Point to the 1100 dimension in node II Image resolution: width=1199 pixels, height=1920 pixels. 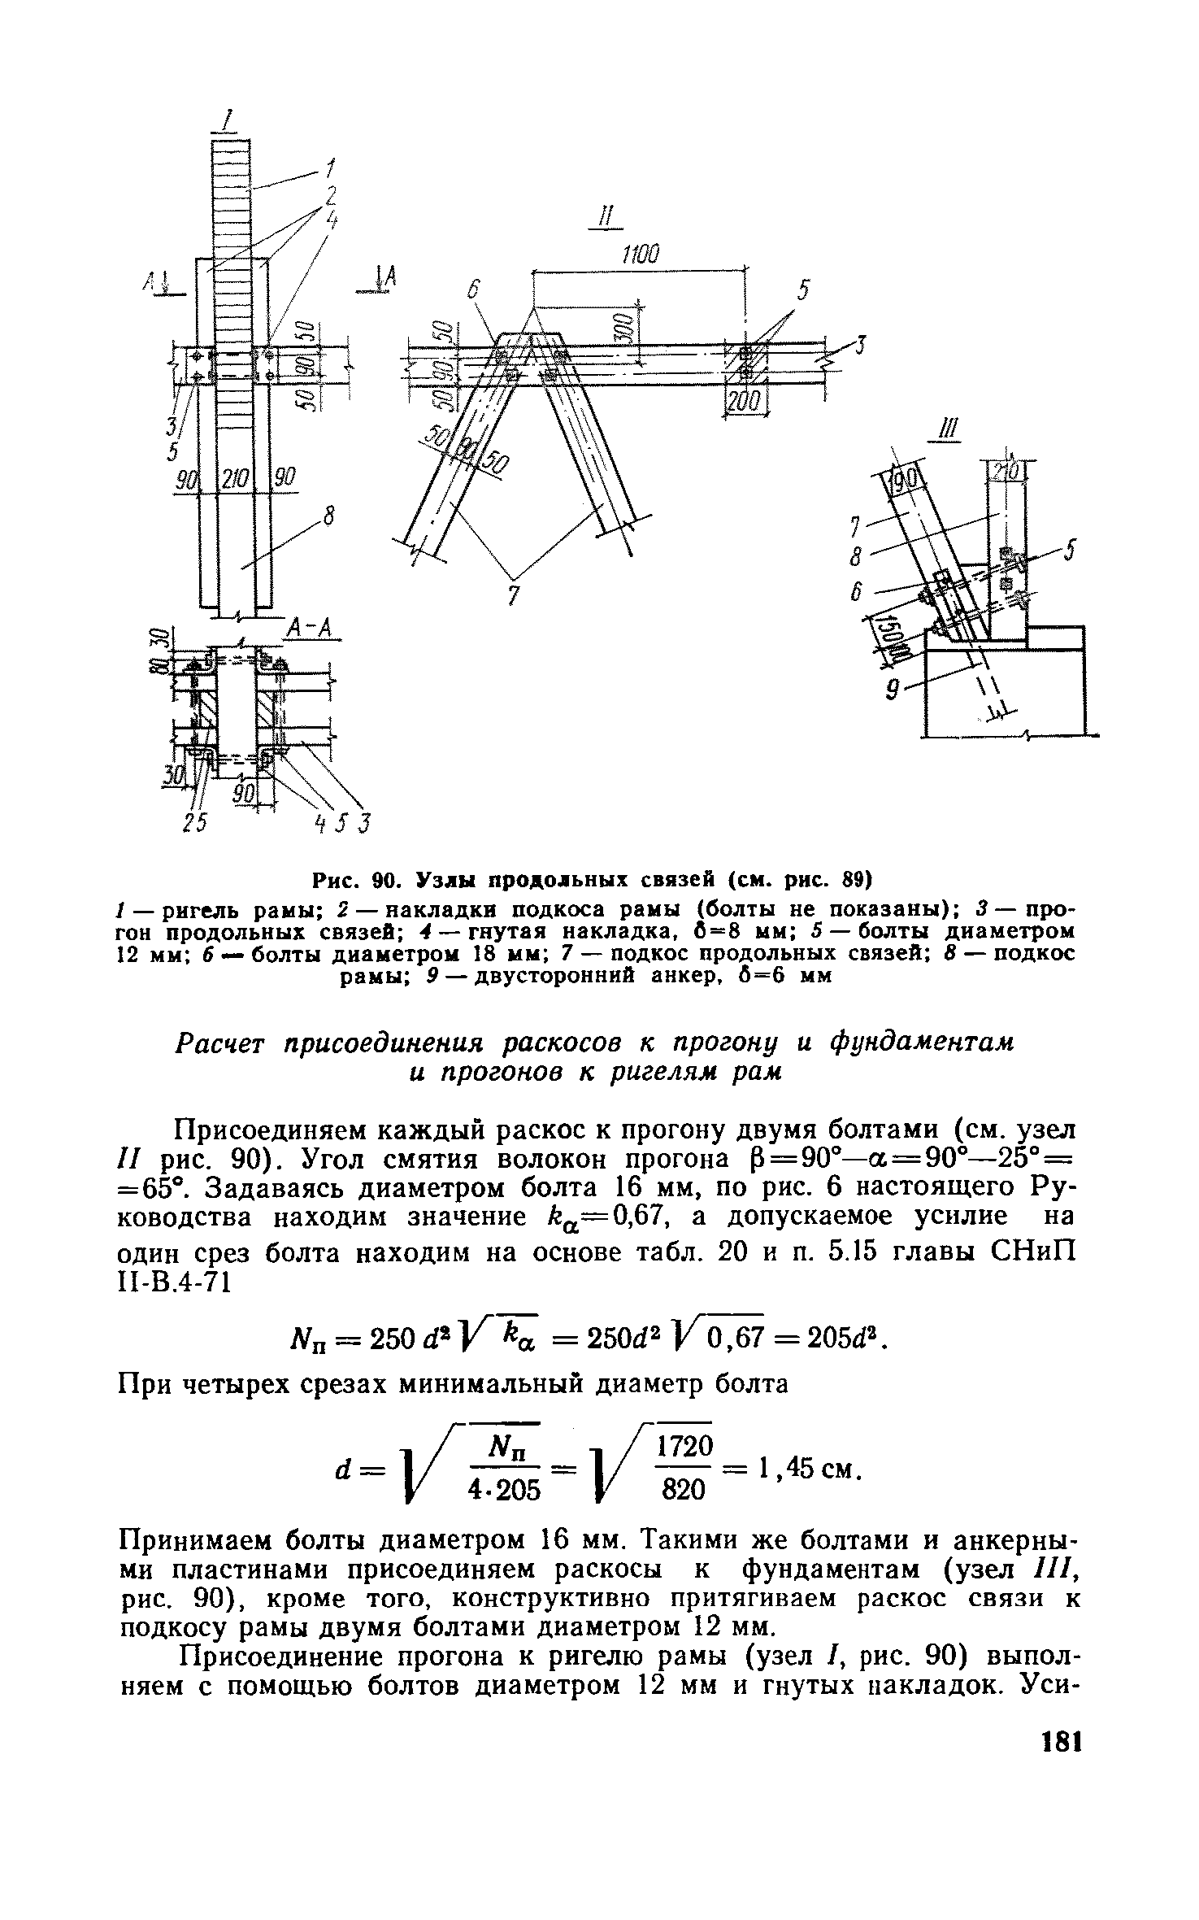pyautogui.click(x=640, y=255)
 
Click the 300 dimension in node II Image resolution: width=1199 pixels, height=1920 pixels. pyautogui.click(x=623, y=328)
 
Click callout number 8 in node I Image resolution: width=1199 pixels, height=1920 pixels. pyautogui.click(x=328, y=516)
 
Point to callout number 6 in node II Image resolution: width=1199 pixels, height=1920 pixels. pyautogui.click(x=475, y=290)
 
